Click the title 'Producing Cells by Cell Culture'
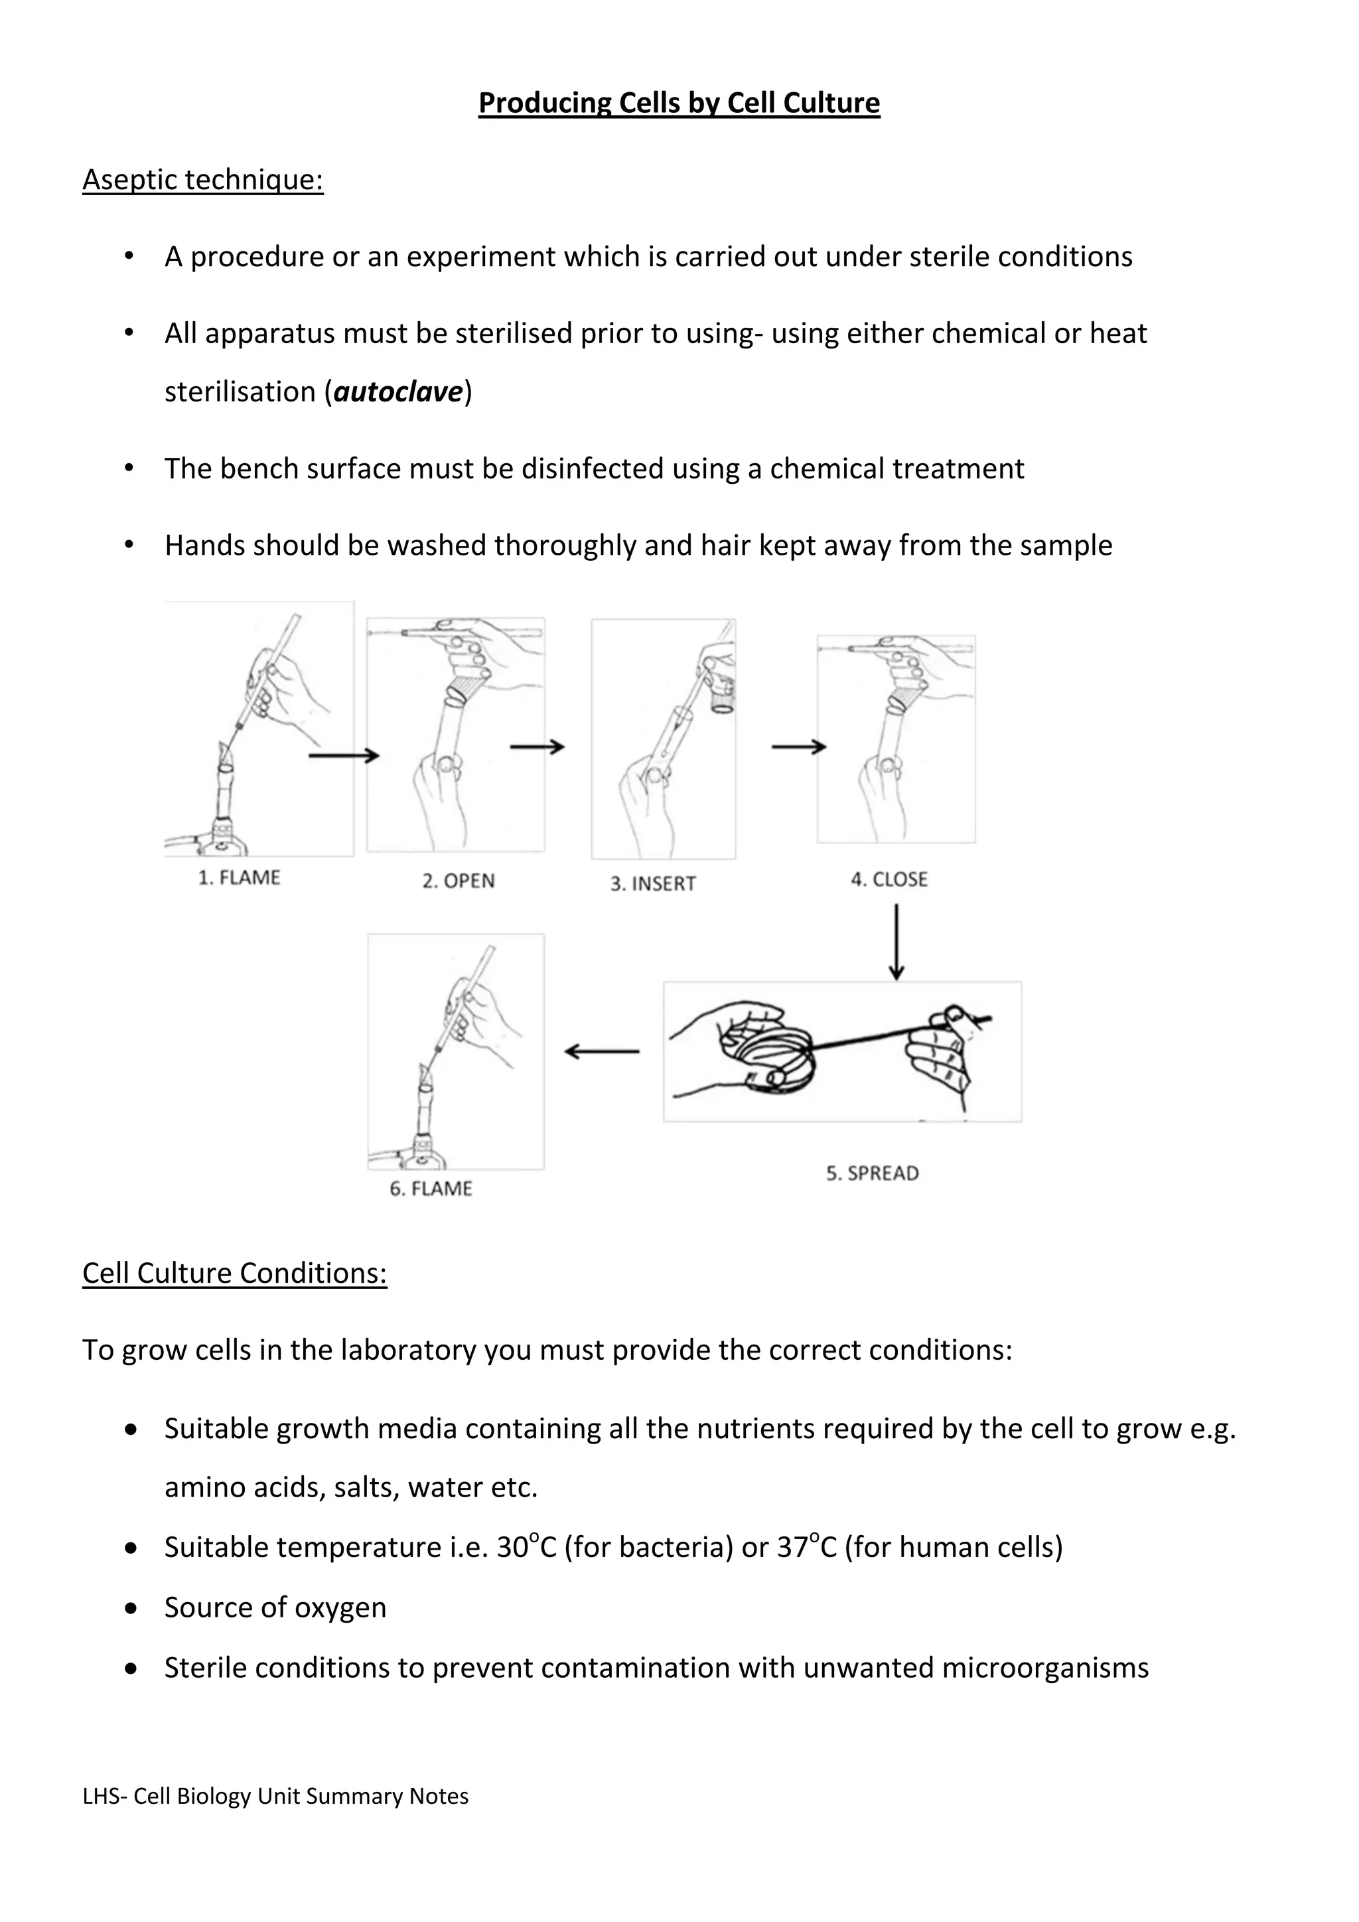[679, 103]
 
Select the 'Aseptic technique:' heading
[202, 179]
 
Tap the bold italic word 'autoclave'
[398, 392]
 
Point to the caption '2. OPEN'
[458, 881]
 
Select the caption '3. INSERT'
[653, 884]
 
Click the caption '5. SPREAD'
[872, 1173]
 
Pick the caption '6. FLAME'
[430, 1189]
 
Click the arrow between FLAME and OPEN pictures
[344, 756]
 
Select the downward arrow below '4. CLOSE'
[896, 941]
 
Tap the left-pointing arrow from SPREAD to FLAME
[602, 1051]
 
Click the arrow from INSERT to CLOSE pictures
[798, 747]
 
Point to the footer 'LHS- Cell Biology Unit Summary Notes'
[275, 1797]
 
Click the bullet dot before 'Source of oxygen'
[131, 1608]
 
